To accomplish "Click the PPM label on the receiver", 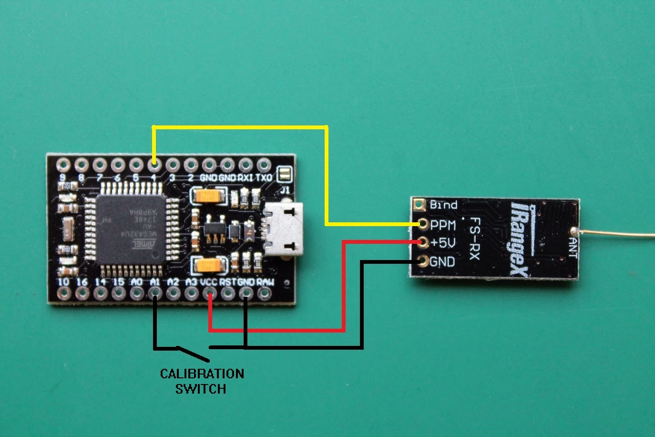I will click(x=443, y=225).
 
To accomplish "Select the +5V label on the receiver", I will click(x=443, y=243).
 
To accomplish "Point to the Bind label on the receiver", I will click(x=443, y=205).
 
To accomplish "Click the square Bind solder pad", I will click(x=420, y=205).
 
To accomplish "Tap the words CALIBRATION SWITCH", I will click(x=202, y=381).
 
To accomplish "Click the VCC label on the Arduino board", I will click(x=209, y=282).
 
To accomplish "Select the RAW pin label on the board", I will click(x=265, y=282).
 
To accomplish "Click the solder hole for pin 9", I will click(x=62, y=166).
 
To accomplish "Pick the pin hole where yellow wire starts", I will click(x=154, y=166).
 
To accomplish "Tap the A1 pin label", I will click(x=154, y=282).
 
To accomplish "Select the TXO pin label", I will click(x=264, y=177).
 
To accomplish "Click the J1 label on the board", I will click(x=285, y=189).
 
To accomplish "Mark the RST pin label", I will click(x=228, y=282).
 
